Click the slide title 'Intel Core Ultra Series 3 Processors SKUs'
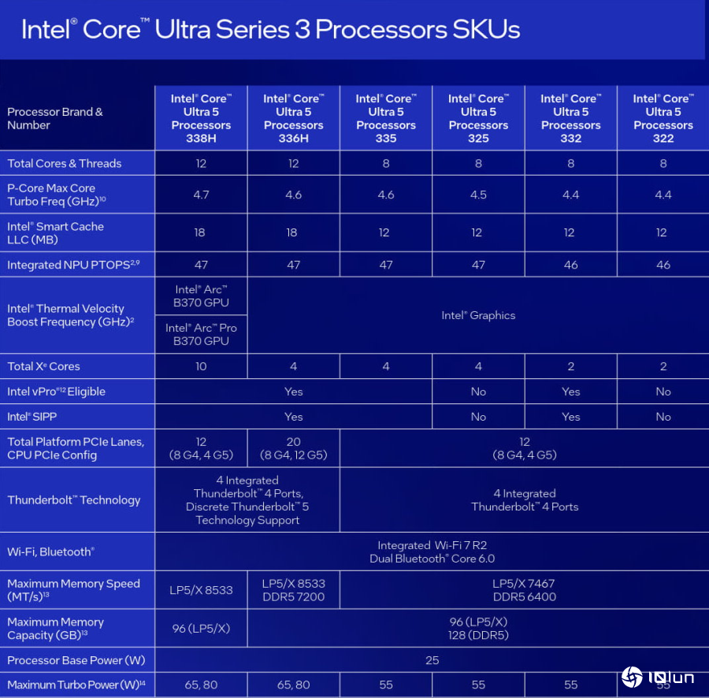click(x=270, y=29)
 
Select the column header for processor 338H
click(x=201, y=118)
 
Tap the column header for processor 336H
click(x=293, y=118)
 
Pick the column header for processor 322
click(x=663, y=118)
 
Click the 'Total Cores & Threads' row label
click(x=65, y=164)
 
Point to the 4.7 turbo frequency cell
click(x=201, y=195)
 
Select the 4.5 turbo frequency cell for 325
click(x=478, y=195)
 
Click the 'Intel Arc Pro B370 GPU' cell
click(x=201, y=334)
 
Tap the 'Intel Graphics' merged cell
click(x=478, y=315)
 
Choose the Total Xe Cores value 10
click(x=201, y=366)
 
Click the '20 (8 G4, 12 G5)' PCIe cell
click(x=293, y=448)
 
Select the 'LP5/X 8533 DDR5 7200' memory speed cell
click(x=293, y=590)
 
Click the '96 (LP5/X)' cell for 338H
click(x=201, y=628)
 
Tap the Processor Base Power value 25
click(x=432, y=660)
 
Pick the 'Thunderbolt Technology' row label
click(x=74, y=500)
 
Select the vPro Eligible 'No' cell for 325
click(x=478, y=392)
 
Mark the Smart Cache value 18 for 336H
click(x=293, y=232)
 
